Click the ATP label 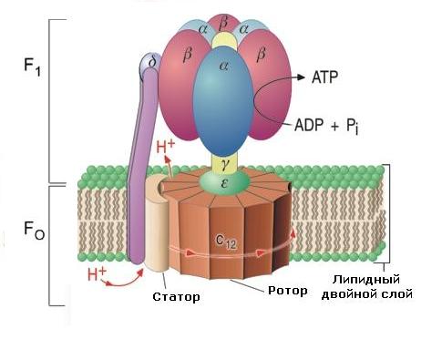pos(324,77)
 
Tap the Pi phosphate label pos(353,126)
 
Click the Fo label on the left pos(34,231)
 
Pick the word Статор pos(176,296)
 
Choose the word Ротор pos(288,291)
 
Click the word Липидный pos(365,280)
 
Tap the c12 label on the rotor pos(226,242)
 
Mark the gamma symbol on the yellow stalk pos(225,164)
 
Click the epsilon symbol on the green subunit pos(224,183)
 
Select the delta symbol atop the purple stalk pos(152,62)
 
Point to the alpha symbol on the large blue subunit pos(223,66)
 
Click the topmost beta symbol pos(223,25)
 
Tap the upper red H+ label pos(166,147)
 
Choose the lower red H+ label pos(97,274)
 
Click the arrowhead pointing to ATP pos(300,77)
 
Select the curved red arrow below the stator pos(124,282)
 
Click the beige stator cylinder pos(156,224)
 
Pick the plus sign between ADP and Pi pos(334,126)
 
